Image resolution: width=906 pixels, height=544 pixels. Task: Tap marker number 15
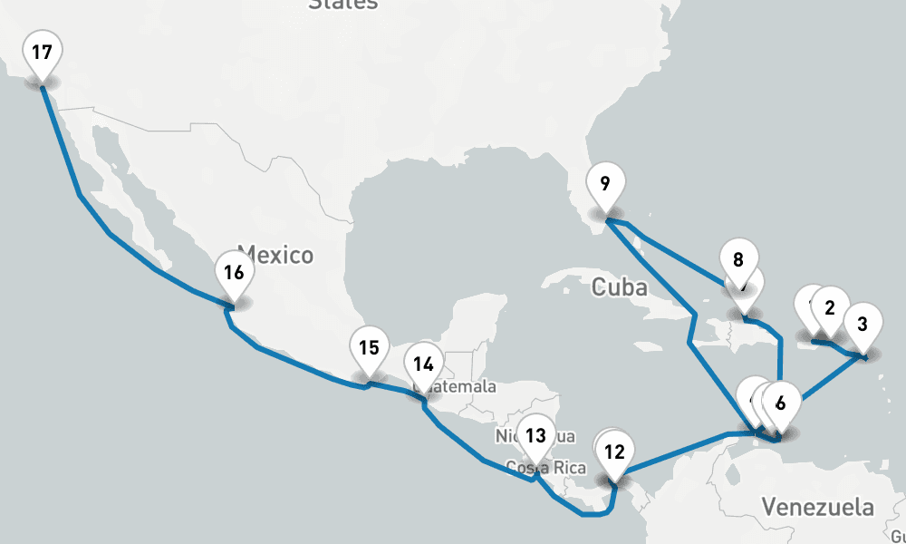pyautogui.click(x=368, y=348)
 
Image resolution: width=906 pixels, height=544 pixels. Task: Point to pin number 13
pyautogui.click(x=536, y=435)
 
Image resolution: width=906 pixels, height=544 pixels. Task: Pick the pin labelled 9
pyautogui.click(x=604, y=184)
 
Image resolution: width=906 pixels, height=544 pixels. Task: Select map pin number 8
pyautogui.click(x=738, y=260)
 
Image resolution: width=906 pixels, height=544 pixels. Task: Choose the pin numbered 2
pyautogui.click(x=829, y=307)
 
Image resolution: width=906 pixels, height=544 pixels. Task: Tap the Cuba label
pyautogui.click(x=620, y=288)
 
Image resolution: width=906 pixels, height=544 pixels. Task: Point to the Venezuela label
pyautogui.click(x=817, y=506)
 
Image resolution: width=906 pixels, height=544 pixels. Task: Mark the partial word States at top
pyautogui.click(x=343, y=5)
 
